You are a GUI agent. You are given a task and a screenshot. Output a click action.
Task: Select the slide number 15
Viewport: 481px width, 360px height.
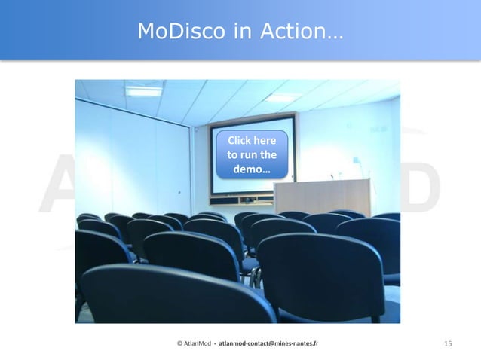pyautogui.click(x=448, y=343)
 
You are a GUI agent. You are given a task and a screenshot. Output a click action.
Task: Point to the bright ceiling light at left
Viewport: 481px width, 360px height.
pyautogui.click(x=143, y=91)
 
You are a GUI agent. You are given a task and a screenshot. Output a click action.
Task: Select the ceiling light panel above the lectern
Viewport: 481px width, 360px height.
pyautogui.click(x=283, y=98)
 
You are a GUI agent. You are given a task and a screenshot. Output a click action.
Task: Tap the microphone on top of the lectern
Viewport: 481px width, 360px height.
pyautogui.click(x=332, y=175)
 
